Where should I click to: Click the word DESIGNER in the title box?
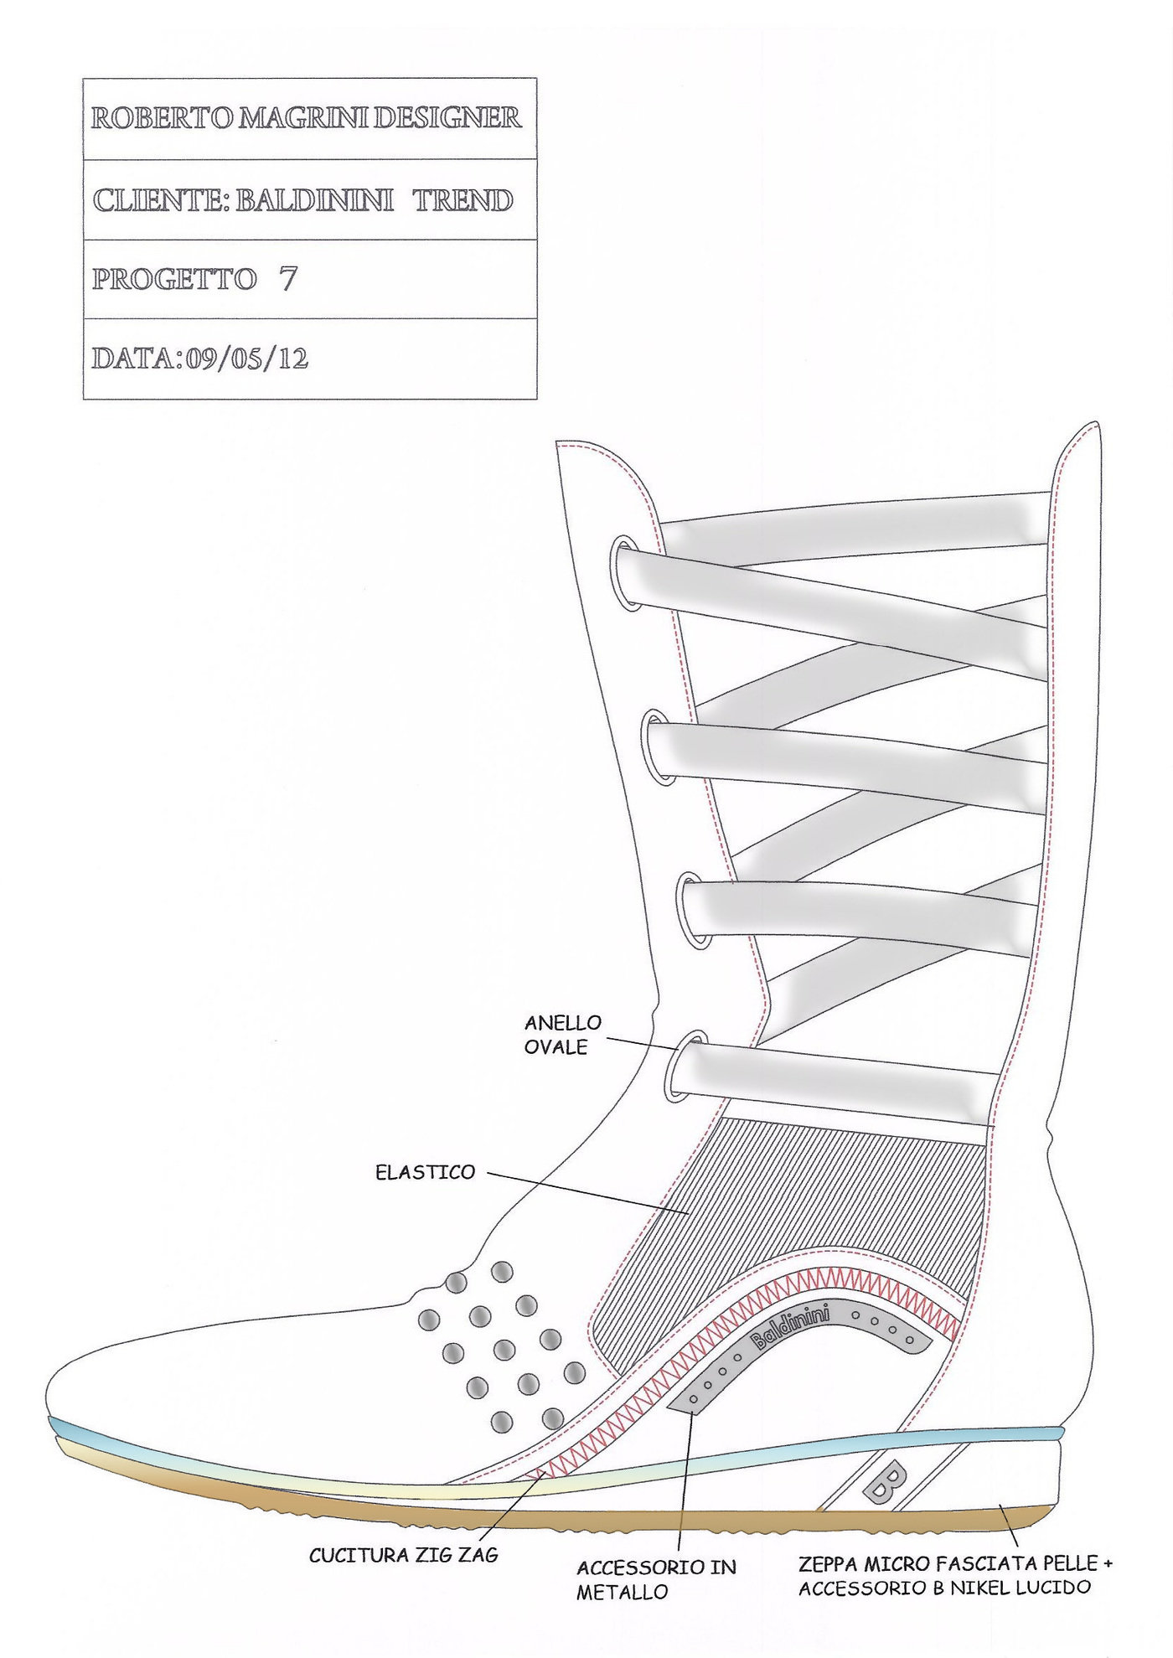click(447, 118)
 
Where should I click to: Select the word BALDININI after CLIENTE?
click(314, 200)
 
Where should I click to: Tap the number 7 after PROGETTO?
click(287, 278)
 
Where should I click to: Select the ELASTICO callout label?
click(425, 1172)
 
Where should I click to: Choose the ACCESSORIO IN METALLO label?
click(656, 1579)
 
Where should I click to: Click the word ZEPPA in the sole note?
click(827, 1563)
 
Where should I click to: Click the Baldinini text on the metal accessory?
click(790, 1330)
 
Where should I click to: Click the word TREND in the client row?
click(462, 200)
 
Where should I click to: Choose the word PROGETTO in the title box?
click(174, 279)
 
